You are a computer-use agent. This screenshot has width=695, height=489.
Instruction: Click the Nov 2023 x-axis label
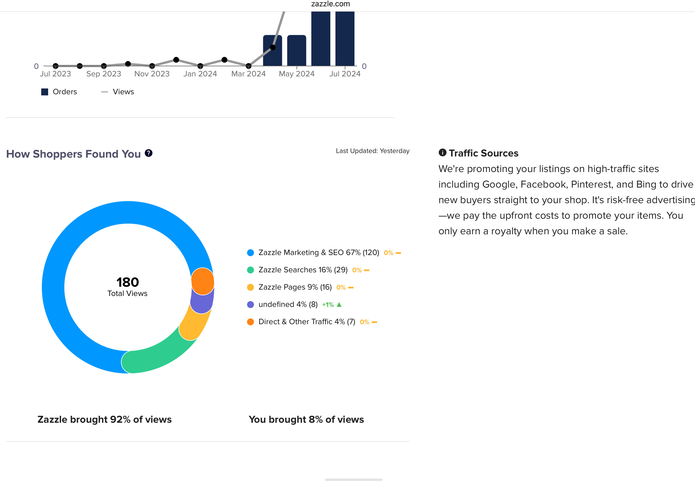coord(152,74)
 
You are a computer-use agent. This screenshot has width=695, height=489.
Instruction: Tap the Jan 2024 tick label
coord(200,74)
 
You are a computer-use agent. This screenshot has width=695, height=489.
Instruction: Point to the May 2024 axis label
coord(297,74)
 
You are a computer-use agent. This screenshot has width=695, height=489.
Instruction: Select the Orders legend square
coord(45,92)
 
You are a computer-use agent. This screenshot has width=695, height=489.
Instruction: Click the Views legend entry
coord(117,92)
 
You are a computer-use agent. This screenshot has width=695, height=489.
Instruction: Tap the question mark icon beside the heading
coord(149,153)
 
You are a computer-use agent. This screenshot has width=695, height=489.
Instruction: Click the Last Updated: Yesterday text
coord(373,151)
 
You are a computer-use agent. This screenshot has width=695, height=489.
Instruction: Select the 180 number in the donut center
coord(128,282)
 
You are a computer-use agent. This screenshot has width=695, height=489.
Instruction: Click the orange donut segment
coord(203,282)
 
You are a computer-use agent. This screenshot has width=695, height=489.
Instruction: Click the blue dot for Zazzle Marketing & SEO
coord(250,253)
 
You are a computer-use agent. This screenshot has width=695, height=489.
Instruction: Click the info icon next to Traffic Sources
coord(442,152)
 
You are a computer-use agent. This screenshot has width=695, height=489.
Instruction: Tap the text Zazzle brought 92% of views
coord(104,420)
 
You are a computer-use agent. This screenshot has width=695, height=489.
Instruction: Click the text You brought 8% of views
coord(306,420)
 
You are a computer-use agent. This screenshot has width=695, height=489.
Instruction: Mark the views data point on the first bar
coord(273,48)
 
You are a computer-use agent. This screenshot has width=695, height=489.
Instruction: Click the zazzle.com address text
coord(331,4)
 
